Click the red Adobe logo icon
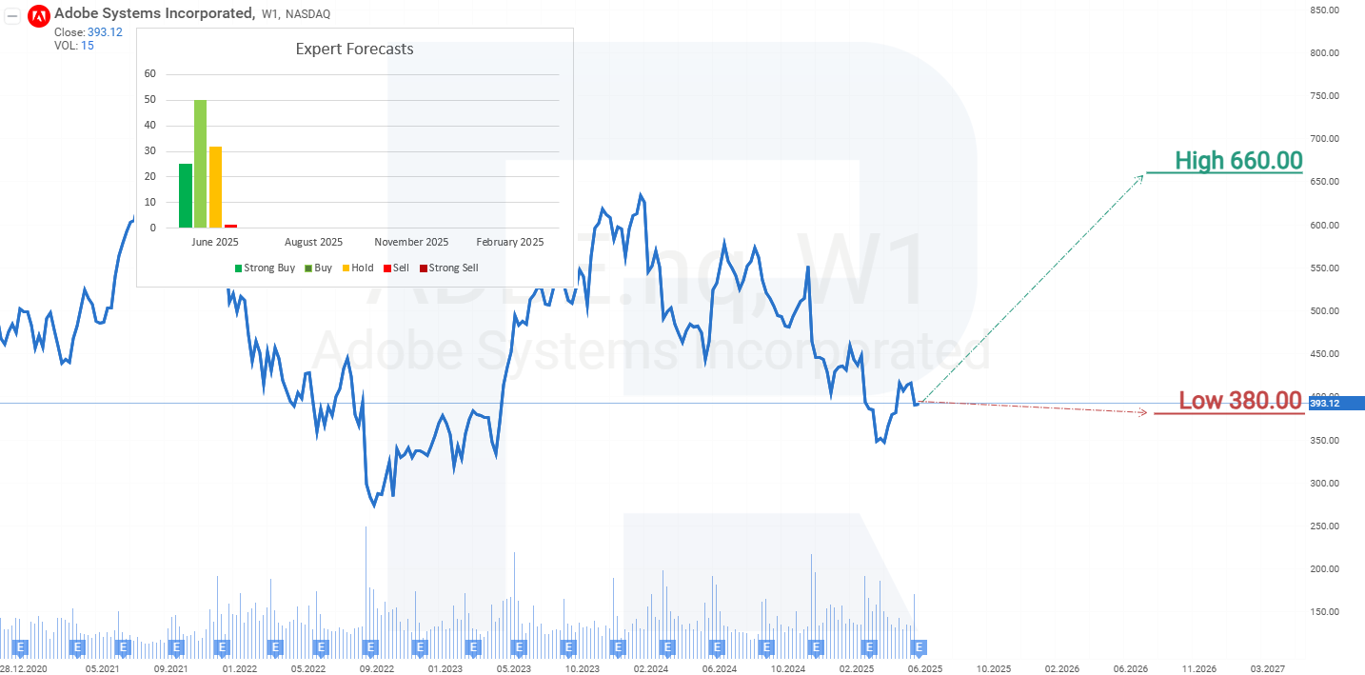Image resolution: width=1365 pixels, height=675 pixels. pyautogui.click(x=39, y=15)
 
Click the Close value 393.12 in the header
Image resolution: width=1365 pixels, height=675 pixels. pyautogui.click(x=105, y=32)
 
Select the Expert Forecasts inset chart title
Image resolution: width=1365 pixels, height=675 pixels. pyautogui.click(x=354, y=50)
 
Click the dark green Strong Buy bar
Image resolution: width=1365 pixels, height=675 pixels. pyautogui.click(x=186, y=195)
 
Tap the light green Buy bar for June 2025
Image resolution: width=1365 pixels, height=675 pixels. pyautogui.click(x=200, y=164)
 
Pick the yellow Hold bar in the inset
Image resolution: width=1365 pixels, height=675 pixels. pyautogui.click(x=215, y=187)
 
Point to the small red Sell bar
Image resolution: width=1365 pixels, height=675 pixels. pyautogui.click(x=230, y=226)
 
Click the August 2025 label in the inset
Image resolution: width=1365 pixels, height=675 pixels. pyautogui.click(x=313, y=242)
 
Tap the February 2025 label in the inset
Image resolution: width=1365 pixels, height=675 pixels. pyautogui.click(x=510, y=242)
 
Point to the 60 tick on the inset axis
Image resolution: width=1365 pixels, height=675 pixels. pyautogui.click(x=149, y=74)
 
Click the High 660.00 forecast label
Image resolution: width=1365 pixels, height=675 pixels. pyautogui.click(x=1237, y=161)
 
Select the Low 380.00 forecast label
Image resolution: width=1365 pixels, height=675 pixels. pyautogui.click(x=1239, y=401)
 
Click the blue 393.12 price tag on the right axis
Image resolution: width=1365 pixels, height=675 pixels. pyautogui.click(x=1333, y=404)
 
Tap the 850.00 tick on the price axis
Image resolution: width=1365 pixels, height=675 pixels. pyautogui.click(x=1325, y=10)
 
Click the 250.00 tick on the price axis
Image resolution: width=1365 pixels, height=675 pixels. pyautogui.click(x=1325, y=526)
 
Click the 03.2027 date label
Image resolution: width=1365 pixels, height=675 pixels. pyautogui.click(x=1267, y=668)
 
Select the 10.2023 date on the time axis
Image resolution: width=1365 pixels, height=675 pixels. pyautogui.click(x=583, y=668)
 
